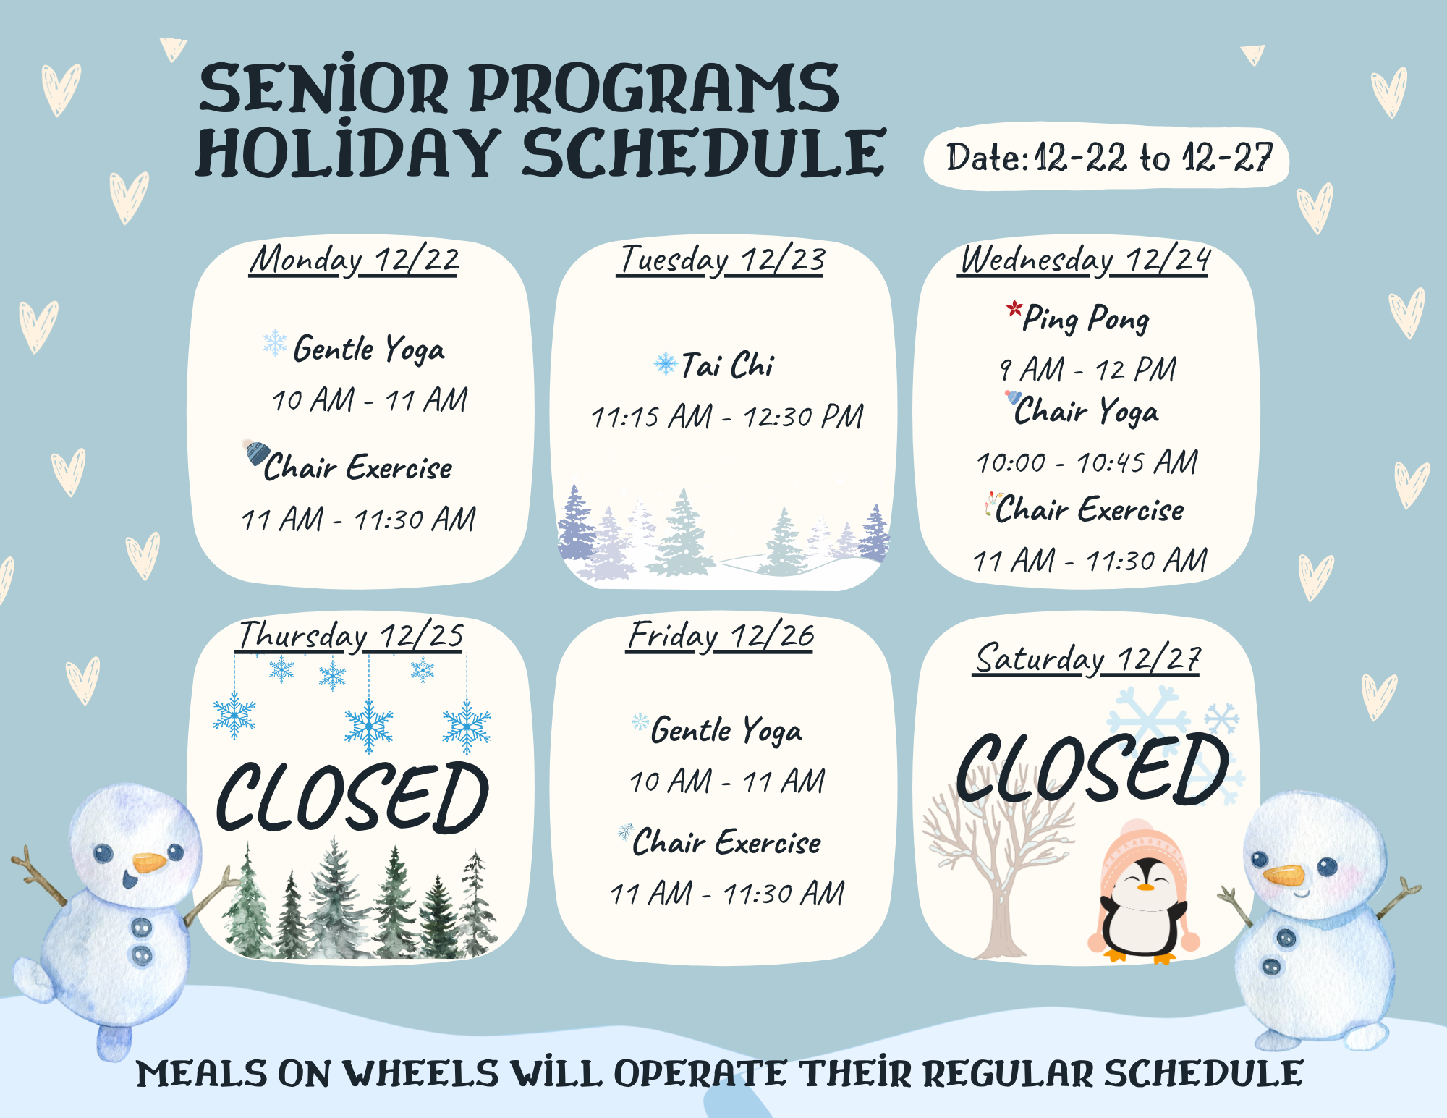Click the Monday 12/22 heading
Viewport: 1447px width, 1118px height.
pyautogui.click(x=355, y=260)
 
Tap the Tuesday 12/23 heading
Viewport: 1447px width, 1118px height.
pyautogui.click(x=721, y=260)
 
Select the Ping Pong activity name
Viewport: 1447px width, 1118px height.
pyautogui.click(x=1085, y=318)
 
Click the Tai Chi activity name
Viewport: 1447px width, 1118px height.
pyautogui.click(x=727, y=365)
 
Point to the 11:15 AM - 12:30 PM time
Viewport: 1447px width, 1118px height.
pyautogui.click(x=727, y=417)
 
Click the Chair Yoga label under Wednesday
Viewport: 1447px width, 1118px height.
pyautogui.click(x=1086, y=412)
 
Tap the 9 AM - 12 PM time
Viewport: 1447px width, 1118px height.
pyautogui.click(x=1087, y=370)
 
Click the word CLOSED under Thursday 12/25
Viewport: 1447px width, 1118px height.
pyautogui.click(x=353, y=797)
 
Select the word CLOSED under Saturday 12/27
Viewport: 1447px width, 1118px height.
pyautogui.click(x=1092, y=768)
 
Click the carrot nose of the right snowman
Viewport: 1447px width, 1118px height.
pyautogui.click(x=1284, y=876)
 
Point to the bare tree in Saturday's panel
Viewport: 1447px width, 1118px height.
pyautogui.click(x=995, y=868)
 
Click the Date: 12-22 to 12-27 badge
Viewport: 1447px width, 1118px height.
pyautogui.click(x=1107, y=158)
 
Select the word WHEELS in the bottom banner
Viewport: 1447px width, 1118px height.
pyautogui.click(x=420, y=1074)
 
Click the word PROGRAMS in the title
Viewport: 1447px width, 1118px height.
pyautogui.click(x=655, y=88)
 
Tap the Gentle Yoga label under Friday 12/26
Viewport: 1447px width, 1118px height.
pyautogui.click(x=726, y=730)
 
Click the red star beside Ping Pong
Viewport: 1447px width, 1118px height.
pyautogui.click(x=1014, y=310)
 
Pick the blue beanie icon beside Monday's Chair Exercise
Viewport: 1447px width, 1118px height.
pyautogui.click(x=255, y=452)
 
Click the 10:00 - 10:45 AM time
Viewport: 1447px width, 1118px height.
pyautogui.click(x=1087, y=462)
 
